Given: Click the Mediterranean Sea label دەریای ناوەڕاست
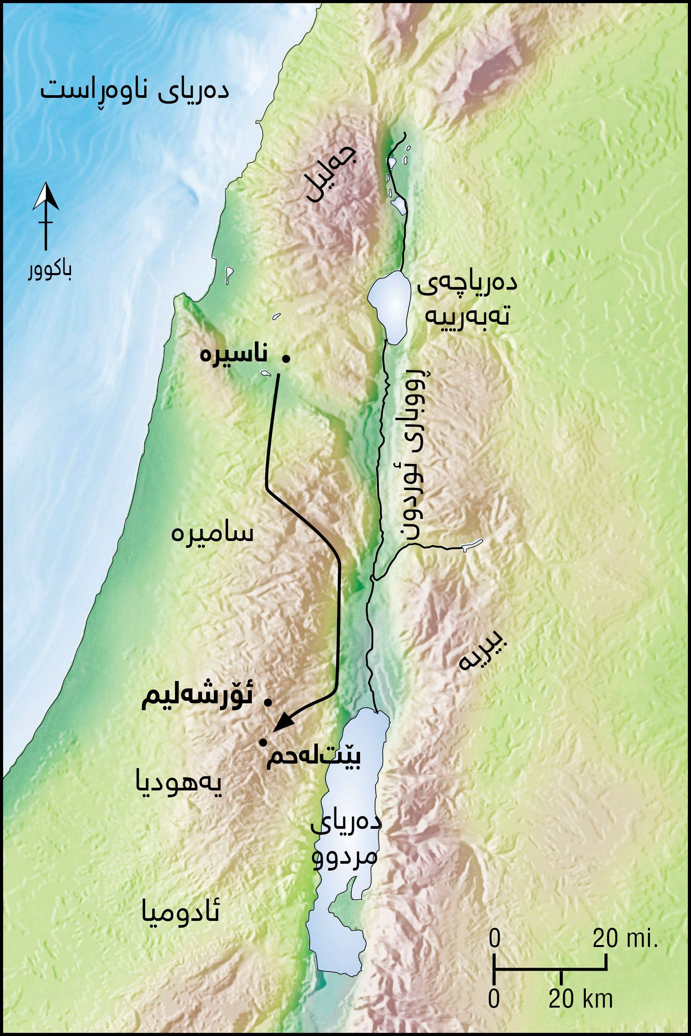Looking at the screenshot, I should tap(134, 92).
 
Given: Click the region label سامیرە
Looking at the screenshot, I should tap(212, 534).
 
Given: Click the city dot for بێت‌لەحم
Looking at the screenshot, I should tap(263, 742).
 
